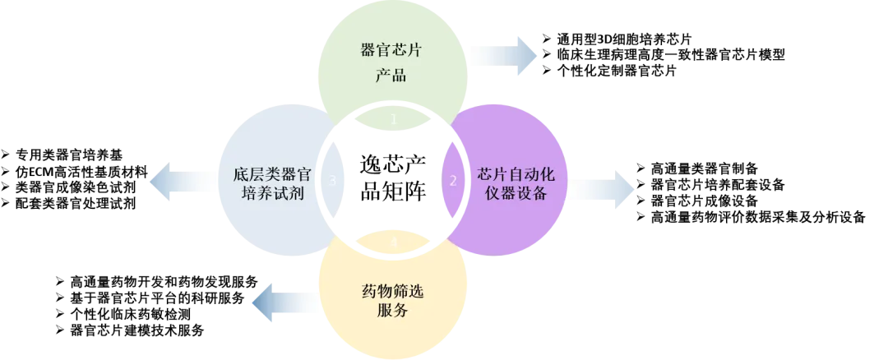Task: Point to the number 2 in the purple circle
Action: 452,181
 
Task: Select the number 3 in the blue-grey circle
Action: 332,180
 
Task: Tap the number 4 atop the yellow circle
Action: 393,242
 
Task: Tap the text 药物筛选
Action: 392,291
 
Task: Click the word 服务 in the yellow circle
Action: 392,312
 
